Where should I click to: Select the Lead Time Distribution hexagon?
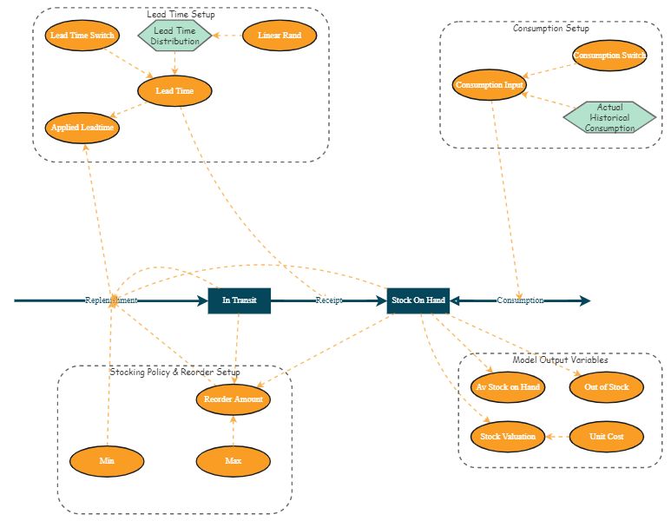175,36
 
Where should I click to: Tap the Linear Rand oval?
280,36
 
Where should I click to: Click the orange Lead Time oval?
174,90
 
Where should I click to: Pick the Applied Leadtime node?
83,127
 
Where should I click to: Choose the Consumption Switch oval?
610,56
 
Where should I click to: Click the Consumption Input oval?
490,85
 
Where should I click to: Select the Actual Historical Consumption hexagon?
609,118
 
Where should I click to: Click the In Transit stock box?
240,300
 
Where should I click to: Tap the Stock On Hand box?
418,300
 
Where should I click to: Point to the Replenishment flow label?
111,300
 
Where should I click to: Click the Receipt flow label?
328,300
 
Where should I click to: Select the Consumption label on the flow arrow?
520,300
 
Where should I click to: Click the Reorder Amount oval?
233,399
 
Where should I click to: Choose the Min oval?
107,460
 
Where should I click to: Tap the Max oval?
233,460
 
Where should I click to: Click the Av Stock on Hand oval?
508,386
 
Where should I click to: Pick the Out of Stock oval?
607,386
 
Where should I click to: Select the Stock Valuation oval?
508,436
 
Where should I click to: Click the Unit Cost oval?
607,436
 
